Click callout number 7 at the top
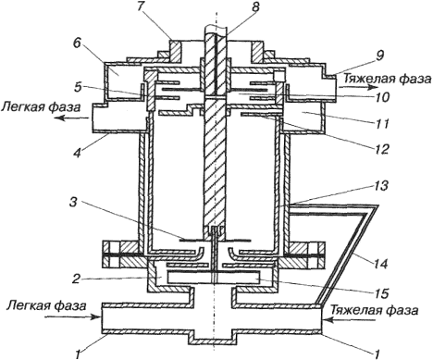tap(142, 7)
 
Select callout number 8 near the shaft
tap(255, 6)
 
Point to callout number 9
tap(379, 56)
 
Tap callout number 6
tap(77, 43)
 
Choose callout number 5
tap(77, 87)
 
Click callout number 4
tap(78, 152)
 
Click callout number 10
tap(382, 97)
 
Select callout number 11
tap(382, 124)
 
